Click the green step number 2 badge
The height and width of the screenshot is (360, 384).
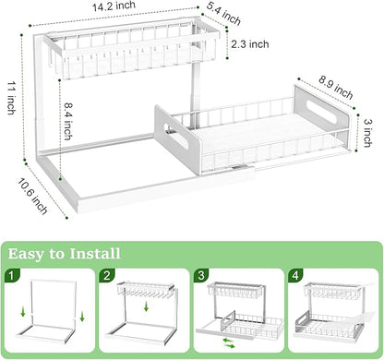(x=109, y=275)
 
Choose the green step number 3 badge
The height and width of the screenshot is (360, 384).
(x=200, y=275)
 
